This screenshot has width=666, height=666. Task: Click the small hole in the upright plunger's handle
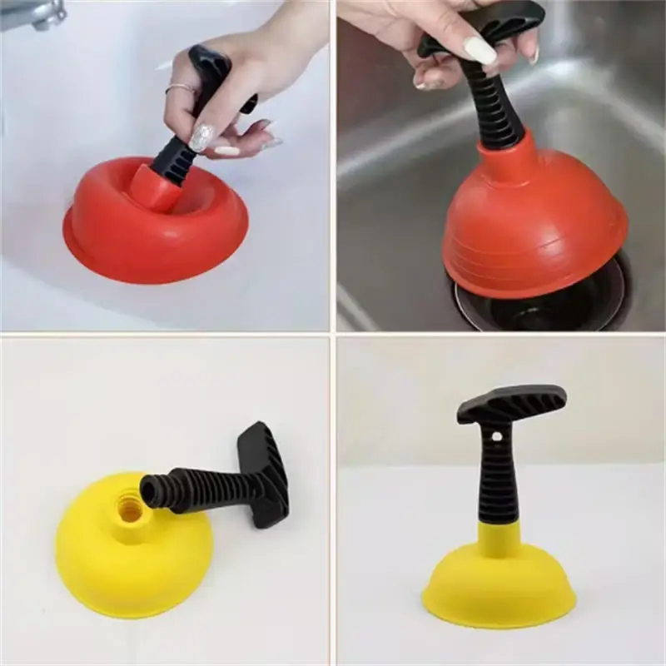click(x=497, y=435)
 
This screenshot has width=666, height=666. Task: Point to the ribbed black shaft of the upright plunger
click(x=498, y=483)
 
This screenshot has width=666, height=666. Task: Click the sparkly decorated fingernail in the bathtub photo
click(x=201, y=137)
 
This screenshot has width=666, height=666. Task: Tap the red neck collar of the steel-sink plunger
click(x=499, y=158)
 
